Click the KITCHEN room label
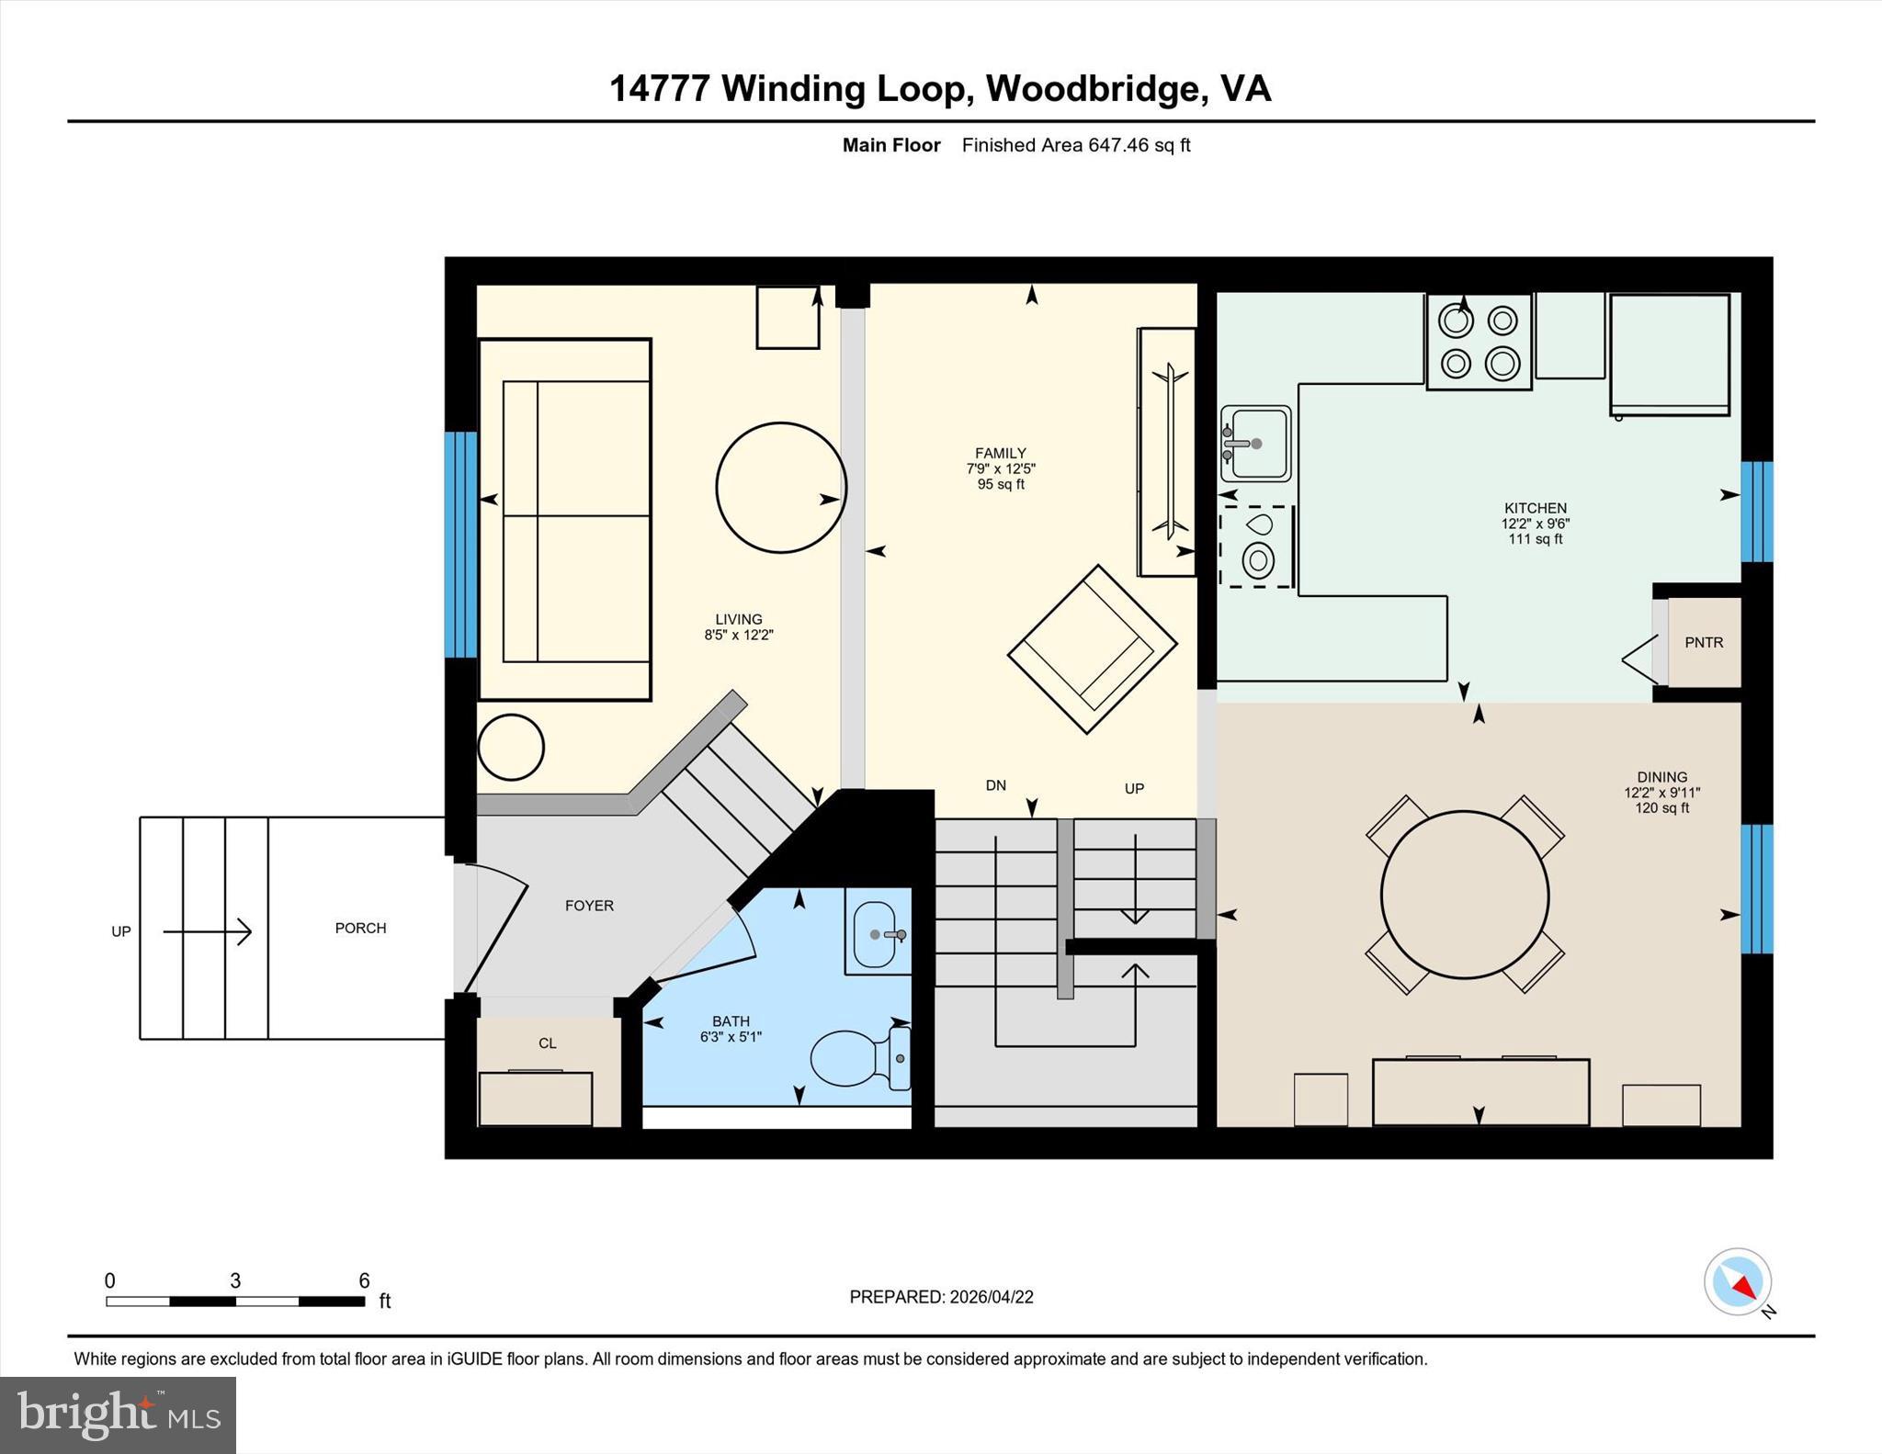(1535, 508)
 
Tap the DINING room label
(1661, 777)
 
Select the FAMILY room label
(1000, 453)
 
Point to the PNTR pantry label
(1704, 643)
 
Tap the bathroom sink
(878, 934)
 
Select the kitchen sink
(1255, 444)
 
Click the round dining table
(1465, 895)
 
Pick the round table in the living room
(781, 488)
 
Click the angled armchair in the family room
(1092, 648)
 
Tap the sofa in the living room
(565, 520)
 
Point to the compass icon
(1738, 1281)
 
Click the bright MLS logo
(119, 1415)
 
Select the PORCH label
(360, 929)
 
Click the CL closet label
(548, 1043)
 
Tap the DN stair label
(996, 785)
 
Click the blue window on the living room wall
(460, 546)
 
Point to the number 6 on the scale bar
(364, 1280)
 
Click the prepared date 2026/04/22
(992, 1297)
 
